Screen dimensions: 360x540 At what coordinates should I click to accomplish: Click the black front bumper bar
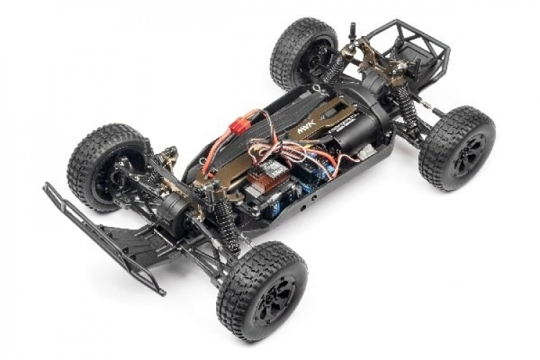click(x=101, y=238)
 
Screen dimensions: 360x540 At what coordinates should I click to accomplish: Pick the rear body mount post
click(x=352, y=32)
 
